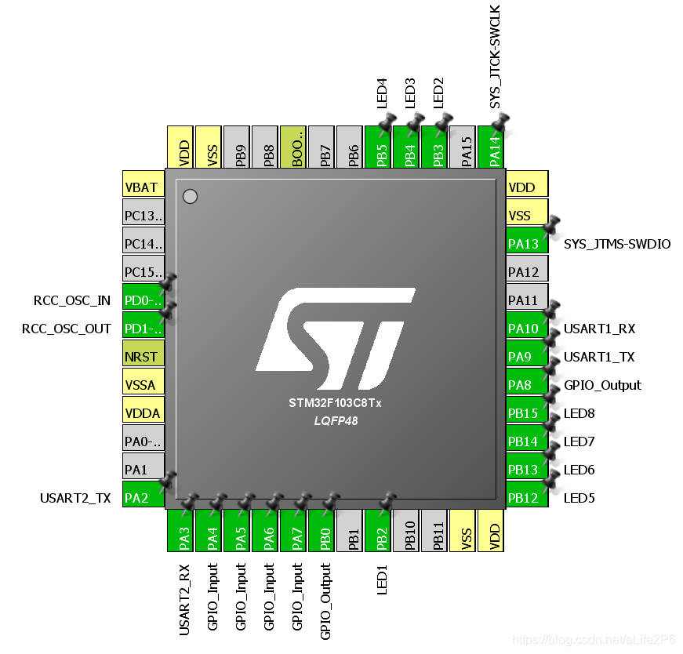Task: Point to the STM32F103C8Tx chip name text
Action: (335, 404)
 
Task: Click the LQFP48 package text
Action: (335, 421)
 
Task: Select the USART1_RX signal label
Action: (599, 329)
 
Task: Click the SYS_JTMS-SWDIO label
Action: (617, 244)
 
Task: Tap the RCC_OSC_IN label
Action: (72, 300)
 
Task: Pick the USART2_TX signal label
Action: (75, 498)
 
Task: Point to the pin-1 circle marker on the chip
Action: (190, 196)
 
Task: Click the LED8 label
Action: (579, 413)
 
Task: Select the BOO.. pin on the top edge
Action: (294, 147)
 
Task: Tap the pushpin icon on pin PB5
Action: (387, 122)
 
